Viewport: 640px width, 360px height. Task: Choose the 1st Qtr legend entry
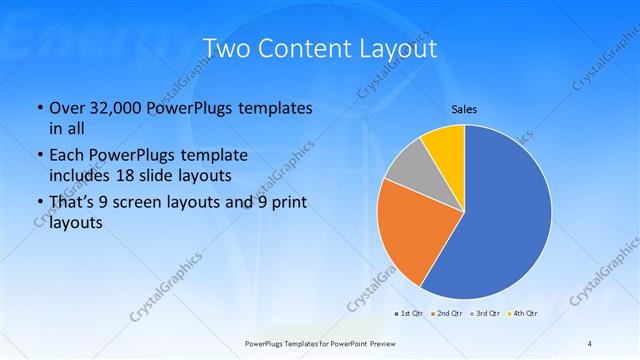click(x=411, y=315)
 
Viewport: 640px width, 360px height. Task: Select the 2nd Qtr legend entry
click(x=450, y=315)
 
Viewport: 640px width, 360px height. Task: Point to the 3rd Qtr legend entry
click(x=489, y=315)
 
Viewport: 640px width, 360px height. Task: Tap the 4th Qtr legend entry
click(x=526, y=315)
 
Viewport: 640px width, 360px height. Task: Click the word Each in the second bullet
click(x=68, y=156)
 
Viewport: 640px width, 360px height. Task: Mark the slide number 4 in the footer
click(x=589, y=344)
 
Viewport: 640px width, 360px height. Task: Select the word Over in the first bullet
click(x=67, y=108)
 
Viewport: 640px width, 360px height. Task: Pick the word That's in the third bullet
click(x=75, y=203)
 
